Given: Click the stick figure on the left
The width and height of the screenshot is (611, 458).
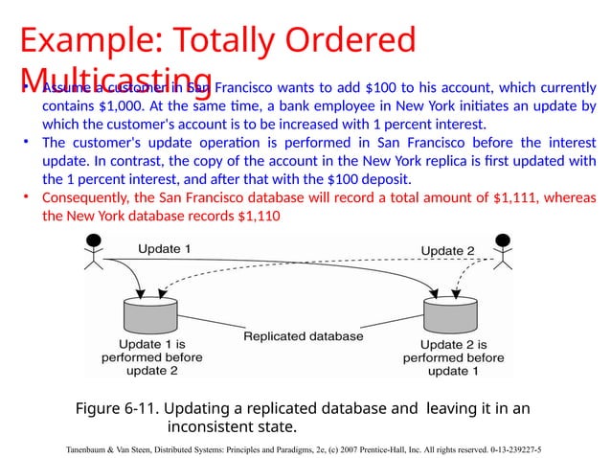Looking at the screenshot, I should click(x=93, y=252).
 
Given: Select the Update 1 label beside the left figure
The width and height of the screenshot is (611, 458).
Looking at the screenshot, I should click(x=165, y=248).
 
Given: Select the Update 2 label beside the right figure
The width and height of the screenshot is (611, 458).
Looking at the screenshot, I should click(x=449, y=251).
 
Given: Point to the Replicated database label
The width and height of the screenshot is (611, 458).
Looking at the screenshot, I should click(x=304, y=336).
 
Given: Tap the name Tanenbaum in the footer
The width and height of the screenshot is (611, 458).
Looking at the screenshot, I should click(x=92, y=448).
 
